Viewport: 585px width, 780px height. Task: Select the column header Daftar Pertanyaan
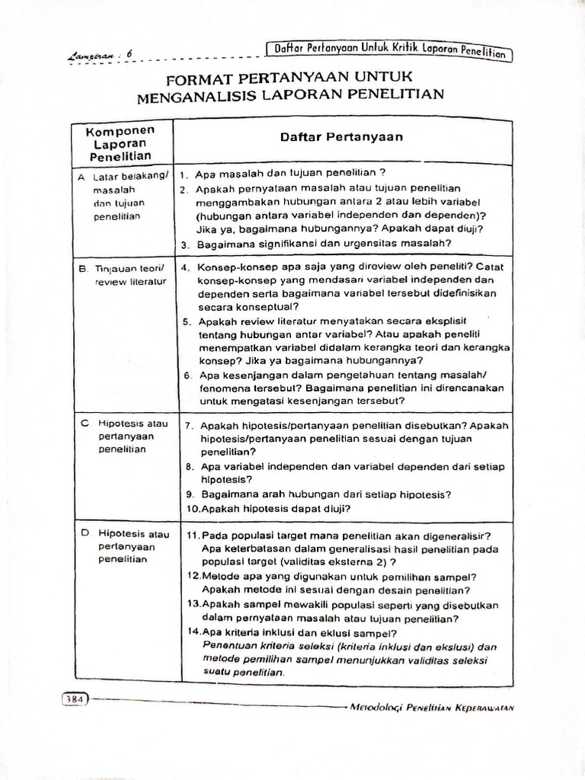click(x=341, y=137)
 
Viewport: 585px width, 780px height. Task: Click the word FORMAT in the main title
click(x=200, y=78)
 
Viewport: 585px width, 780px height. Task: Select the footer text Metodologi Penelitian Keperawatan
click(x=431, y=705)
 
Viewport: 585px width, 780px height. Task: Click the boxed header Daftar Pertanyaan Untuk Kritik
click(x=390, y=50)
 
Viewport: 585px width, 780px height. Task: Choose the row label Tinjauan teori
click(x=125, y=269)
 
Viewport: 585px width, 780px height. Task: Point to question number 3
click(x=185, y=245)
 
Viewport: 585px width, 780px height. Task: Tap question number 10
click(x=193, y=508)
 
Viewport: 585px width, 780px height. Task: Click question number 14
click(x=193, y=632)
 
